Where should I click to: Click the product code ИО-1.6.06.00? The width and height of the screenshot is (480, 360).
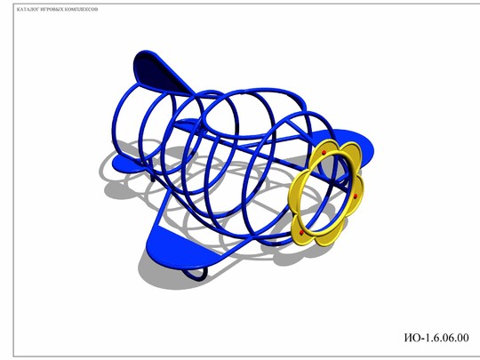436,338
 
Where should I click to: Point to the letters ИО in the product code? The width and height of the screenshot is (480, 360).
412,338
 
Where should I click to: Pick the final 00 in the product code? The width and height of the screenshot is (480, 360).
462,338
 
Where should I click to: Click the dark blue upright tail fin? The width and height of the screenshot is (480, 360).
159,72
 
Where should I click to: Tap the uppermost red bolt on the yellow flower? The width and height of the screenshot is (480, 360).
324,153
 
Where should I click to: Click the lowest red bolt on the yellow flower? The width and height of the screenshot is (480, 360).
301,233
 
